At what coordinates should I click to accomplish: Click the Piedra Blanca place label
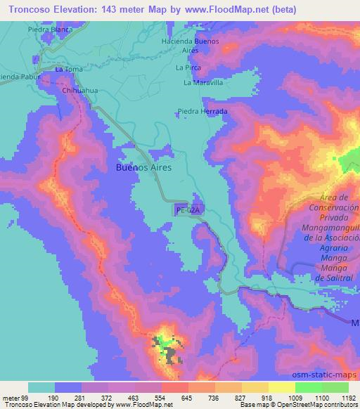point(51,30)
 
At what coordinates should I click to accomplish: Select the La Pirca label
point(188,68)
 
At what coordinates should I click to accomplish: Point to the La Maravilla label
point(202,82)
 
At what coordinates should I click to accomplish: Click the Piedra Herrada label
point(202,112)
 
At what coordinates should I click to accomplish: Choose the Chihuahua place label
point(79,91)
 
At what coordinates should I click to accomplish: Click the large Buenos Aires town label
point(143,169)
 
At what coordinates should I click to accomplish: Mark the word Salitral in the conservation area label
point(339,278)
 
